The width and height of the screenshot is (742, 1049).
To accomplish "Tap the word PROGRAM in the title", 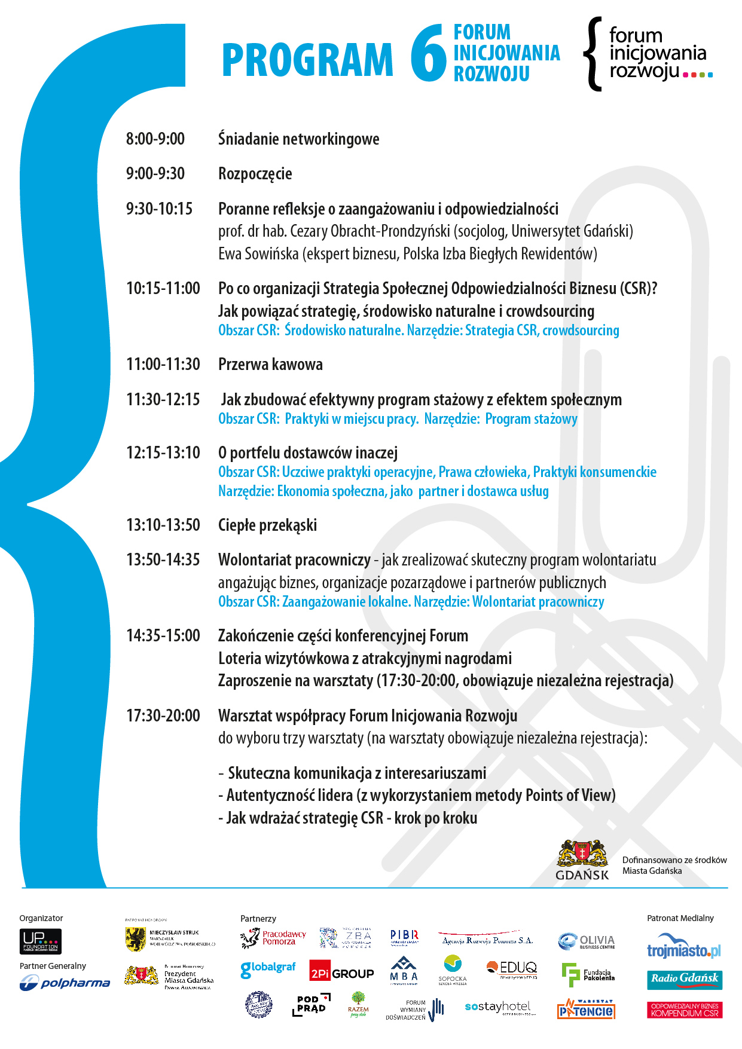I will tap(307, 60).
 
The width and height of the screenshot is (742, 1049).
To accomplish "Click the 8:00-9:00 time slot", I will tap(155, 139).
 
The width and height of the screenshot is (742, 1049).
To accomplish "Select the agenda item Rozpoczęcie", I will tap(255, 174).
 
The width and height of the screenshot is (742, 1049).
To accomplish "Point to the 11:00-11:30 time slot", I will tap(163, 364).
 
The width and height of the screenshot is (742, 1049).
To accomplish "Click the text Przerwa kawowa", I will tap(270, 364).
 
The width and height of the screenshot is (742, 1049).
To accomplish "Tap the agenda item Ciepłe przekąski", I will tap(267, 525).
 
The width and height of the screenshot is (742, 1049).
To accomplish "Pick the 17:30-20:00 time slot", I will tap(163, 715).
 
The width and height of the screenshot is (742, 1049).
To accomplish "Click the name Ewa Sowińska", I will tap(258, 254).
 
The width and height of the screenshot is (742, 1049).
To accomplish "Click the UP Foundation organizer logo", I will tap(41, 941).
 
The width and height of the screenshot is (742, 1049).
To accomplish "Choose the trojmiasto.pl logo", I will tap(684, 947).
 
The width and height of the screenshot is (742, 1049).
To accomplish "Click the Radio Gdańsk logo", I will tap(685, 979).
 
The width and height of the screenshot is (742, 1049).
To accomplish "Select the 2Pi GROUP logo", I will tap(341, 973).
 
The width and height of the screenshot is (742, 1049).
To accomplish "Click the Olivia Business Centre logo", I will tap(587, 941).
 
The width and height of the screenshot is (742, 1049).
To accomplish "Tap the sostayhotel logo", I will tap(498, 1007).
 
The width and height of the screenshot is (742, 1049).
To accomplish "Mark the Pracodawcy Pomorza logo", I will tap(273, 938).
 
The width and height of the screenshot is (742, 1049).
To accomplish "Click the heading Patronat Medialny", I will tap(680, 918).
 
